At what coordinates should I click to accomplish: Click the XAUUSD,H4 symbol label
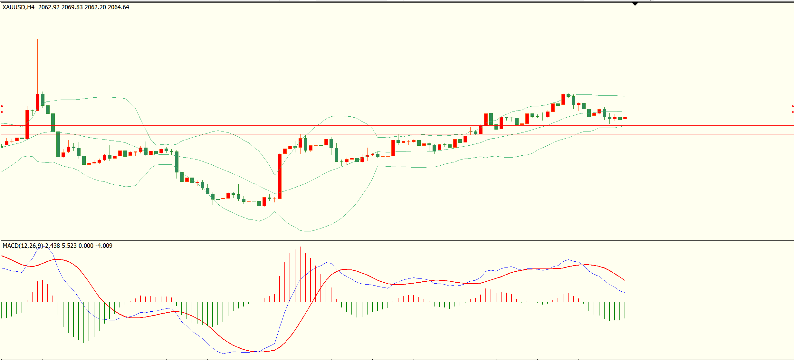[x=18, y=7]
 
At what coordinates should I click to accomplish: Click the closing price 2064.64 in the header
[x=118, y=7]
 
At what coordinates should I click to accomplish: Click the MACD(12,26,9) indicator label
[x=23, y=246]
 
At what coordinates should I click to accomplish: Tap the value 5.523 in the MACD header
[x=69, y=246]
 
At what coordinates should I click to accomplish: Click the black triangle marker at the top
[x=635, y=4]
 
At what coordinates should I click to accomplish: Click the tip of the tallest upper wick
[x=37, y=39]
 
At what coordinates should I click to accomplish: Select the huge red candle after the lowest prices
[x=280, y=176]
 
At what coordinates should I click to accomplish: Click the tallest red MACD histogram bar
[x=300, y=274]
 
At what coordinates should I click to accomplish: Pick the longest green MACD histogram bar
[x=84, y=322]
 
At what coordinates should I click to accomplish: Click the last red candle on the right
[x=625, y=118]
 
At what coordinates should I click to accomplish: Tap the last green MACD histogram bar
[x=625, y=310]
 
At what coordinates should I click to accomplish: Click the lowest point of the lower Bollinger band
[x=306, y=231]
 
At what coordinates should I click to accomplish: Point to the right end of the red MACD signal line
[x=625, y=280]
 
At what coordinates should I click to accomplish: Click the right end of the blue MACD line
[x=625, y=293]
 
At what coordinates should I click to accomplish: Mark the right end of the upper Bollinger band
[x=625, y=96]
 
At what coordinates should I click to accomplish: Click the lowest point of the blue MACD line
[x=223, y=354]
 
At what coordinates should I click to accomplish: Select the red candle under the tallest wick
[x=37, y=102]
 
